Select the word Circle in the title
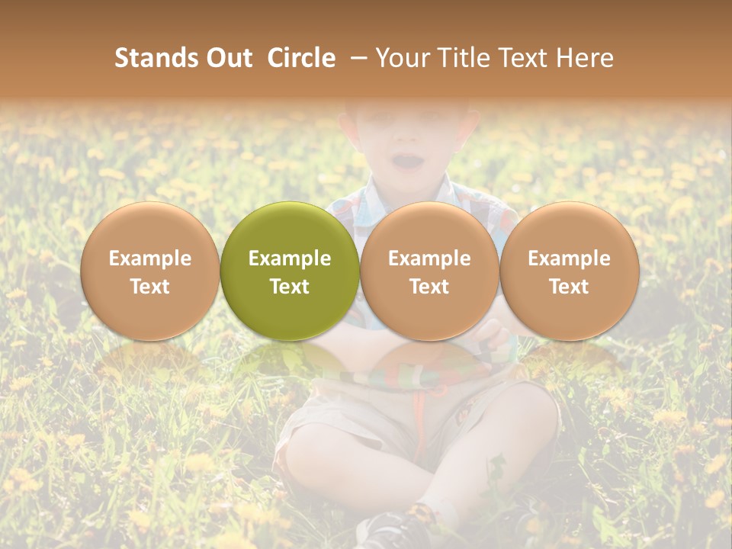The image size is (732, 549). pyautogui.click(x=301, y=58)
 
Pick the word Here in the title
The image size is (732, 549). pyautogui.click(x=585, y=58)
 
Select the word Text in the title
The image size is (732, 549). pyautogui.click(x=525, y=58)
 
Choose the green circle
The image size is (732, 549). pyautogui.click(x=290, y=271)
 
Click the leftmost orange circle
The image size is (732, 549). pyautogui.click(x=149, y=271)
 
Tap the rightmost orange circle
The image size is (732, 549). pyautogui.click(x=569, y=271)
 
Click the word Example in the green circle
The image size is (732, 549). pyautogui.click(x=290, y=258)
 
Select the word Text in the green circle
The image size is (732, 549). pyautogui.click(x=290, y=287)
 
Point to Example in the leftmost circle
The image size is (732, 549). pyautogui.click(x=149, y=258)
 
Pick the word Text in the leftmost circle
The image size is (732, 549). pyautogui.click(x=149, y=287)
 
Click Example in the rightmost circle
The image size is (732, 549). pyautogui.click(x=569, y=258)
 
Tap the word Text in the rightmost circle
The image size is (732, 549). pyautogui.click(x=569, y=287)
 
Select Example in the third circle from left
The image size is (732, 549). pyautogui.click(x=429, y=258)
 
